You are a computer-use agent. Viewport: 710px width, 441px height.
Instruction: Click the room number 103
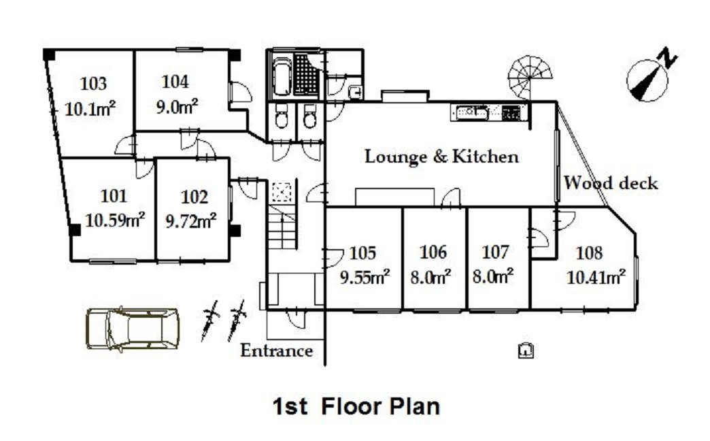coord(93,84)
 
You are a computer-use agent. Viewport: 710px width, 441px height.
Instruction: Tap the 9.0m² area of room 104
coord(177,107)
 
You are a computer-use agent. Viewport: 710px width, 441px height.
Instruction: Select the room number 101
coord(113,196)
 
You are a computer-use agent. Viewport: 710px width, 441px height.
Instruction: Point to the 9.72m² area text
coord(190,220)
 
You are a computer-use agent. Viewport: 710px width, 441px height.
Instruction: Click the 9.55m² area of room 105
coord(365,276)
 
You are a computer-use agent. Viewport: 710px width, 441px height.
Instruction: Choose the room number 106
coord(433,252)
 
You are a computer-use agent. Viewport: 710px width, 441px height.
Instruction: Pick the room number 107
coord(495,252)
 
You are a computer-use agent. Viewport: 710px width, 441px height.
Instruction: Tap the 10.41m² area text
coord(596,276)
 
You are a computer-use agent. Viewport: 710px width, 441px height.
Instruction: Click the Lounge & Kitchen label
coord(441,157)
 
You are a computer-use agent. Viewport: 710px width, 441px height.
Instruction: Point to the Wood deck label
coord(611,182)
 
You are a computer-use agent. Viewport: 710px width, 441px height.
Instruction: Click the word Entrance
coord(276,350)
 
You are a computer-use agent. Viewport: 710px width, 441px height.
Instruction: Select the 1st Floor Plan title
coord(356,406)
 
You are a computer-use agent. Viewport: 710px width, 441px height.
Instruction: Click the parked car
coord(132,329)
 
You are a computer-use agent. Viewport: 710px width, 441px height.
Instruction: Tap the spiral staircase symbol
coord(530,78)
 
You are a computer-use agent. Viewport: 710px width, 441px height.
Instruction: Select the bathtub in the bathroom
coord(282,76)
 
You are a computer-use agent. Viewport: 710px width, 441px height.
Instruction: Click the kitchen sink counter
coord(490,113)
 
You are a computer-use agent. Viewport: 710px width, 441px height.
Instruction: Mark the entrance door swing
coord(297,318)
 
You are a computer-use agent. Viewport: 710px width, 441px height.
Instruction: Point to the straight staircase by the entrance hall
coord(282,226)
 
